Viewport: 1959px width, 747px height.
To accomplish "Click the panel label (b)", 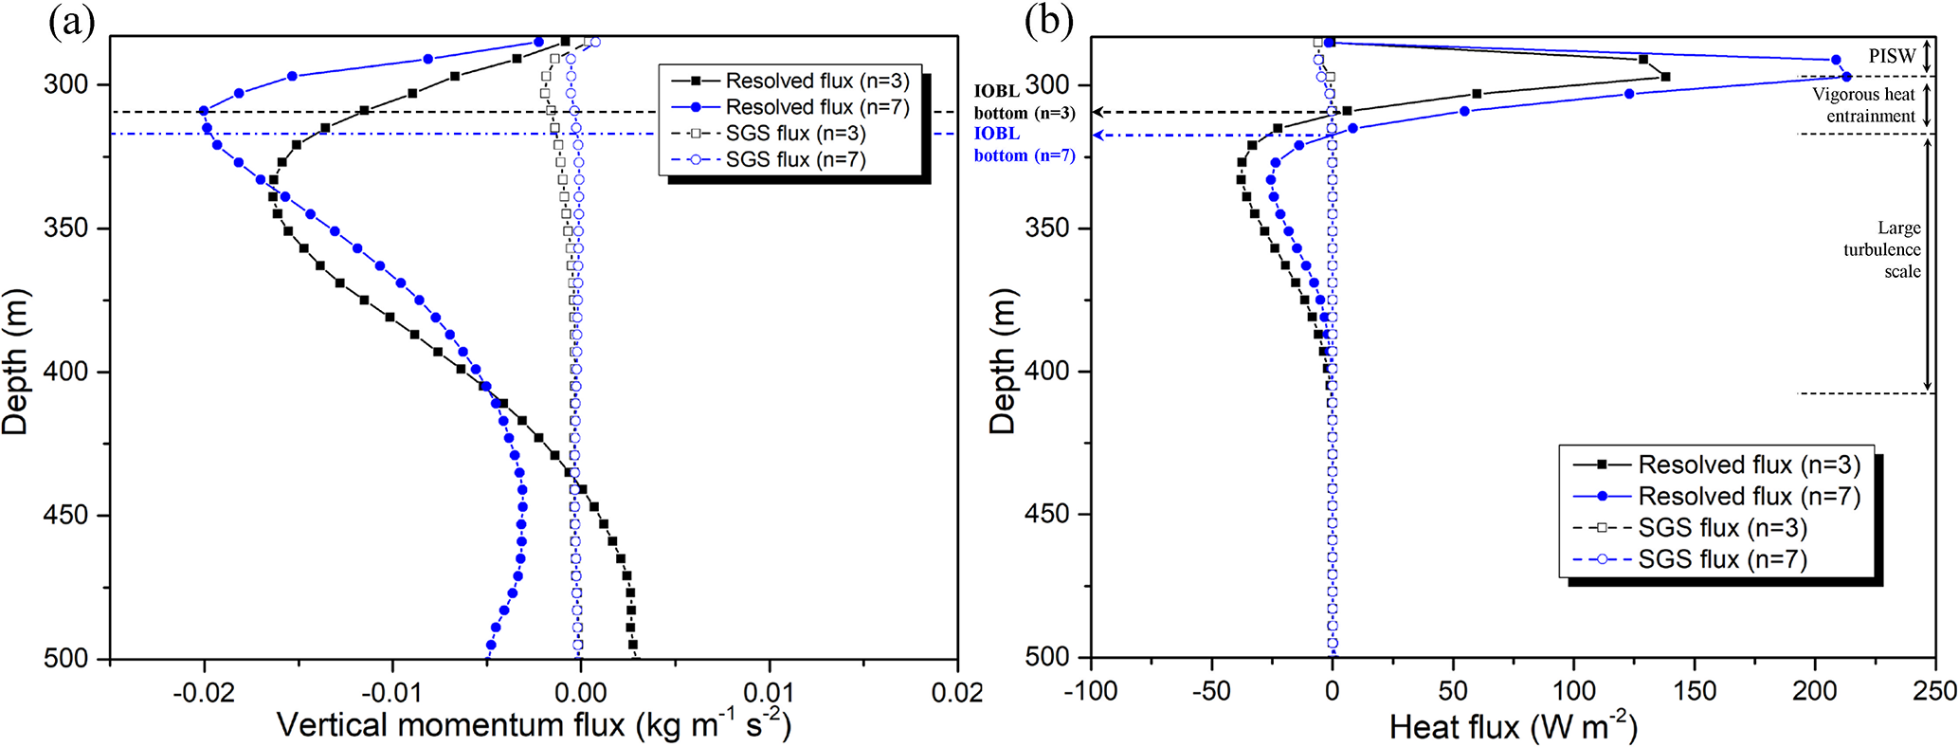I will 1048,21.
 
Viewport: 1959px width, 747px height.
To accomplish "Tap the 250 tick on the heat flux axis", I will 1934,691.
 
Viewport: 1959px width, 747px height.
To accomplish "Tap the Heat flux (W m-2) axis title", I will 1513,728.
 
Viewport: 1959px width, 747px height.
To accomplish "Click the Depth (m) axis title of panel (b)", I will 1002,361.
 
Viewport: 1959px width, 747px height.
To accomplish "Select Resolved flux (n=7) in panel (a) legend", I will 817,107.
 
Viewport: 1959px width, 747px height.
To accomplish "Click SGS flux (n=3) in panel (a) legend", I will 795,134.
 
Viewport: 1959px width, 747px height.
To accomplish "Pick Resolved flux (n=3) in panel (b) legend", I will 1749,465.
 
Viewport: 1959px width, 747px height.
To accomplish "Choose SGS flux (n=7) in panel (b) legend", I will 1722,559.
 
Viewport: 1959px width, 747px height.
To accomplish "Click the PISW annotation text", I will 1892,56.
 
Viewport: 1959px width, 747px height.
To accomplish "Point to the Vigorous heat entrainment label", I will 1863,105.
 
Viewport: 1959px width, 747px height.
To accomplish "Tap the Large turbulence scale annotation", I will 1882,249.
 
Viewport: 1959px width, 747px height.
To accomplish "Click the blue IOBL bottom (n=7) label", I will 1025,145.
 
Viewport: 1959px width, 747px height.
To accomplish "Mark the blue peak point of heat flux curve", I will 1846,77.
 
